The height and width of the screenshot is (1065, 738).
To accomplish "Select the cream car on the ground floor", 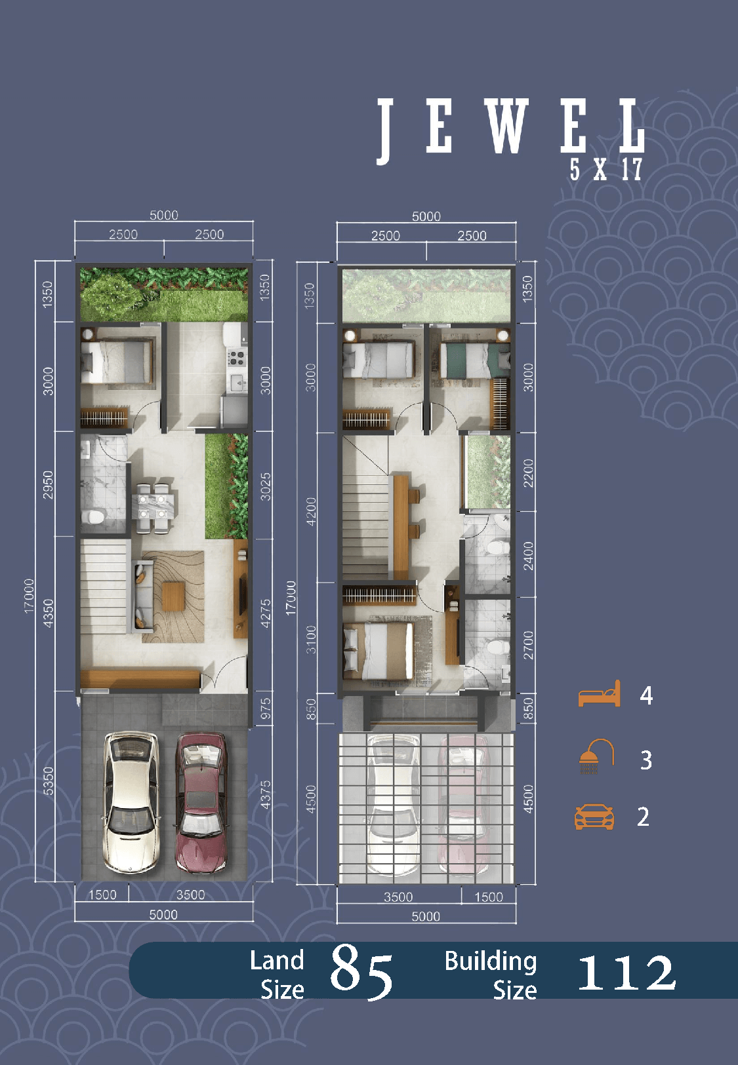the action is pyautogui.click(x=131, y=804).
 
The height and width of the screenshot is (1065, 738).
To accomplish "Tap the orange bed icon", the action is pyautogui.click(x=600, y=693).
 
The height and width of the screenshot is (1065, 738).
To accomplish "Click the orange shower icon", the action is pyautogui.click(x=596, y=756).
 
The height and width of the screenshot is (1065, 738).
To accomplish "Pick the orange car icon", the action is pyautogui.click(x=594, y=817).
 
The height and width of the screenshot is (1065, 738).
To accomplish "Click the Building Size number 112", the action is pyautogui.click(x=626, y=973).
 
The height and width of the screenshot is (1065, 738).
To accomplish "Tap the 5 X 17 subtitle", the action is pyautogui.click(x=606, y=169).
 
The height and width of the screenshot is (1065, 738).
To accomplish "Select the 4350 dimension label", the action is pyautogui.click(x=48, y=613).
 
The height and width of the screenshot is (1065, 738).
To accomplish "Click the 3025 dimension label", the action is pyautogui.click(x=266, y=486).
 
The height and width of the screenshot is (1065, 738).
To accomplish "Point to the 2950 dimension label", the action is pyautogui.click(x=48, y=485).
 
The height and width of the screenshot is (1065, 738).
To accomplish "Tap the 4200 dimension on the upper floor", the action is pyautogui.click(x=311, y=511).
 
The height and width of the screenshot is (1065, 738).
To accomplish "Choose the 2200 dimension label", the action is pyautogui.click(x=528, y=473).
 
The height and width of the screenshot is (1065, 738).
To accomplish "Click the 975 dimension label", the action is pyautogui.click(x=266, y=708).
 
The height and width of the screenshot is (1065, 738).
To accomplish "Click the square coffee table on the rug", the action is pyautogui.click(x=173, y=596).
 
